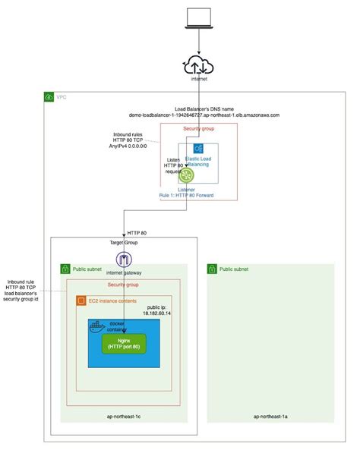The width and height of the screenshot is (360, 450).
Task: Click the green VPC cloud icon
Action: pyautogui.click(x=49, y=97)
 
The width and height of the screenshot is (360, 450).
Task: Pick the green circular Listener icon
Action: pyautogui.click(x=187, y=175)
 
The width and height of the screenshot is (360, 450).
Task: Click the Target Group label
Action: pyautogui.click(x=125, y=244)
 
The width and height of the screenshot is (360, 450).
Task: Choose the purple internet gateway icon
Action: pyautogui.click(x=125, y=260)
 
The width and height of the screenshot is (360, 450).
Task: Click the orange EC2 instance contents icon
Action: pyautogui.click(x=81, y=301)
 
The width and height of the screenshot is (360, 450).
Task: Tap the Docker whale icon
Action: pyautogui.click(x=96, y=327)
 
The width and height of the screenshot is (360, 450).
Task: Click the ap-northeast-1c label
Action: pyautogui.click(x=124, y=416)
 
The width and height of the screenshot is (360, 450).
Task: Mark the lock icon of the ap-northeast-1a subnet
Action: pyautogui.click(x=213, y=269)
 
